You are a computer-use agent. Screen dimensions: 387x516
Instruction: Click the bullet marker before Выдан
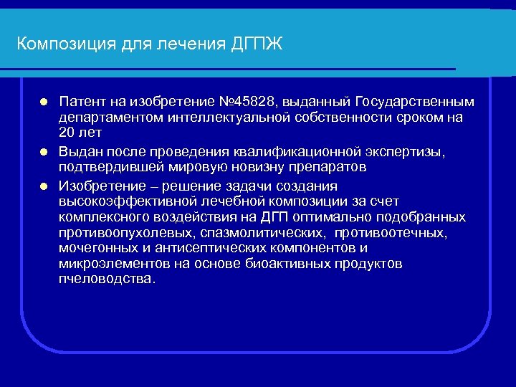coord(44,151)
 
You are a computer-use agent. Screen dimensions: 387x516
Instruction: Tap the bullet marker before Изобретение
coord(44,184)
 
